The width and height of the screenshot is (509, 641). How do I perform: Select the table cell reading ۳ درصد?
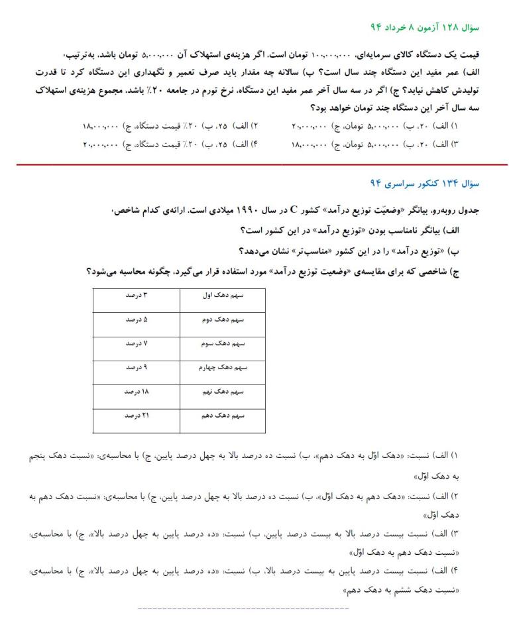(136, 295)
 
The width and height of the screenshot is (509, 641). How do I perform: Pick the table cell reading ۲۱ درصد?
(136, 416)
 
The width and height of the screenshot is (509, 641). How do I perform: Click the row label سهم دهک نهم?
(223, 392)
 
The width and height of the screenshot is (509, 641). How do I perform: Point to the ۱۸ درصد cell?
(136, 392)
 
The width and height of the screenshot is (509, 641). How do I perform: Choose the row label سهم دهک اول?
(223, 295)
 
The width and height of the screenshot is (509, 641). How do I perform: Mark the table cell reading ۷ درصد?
(136, 343)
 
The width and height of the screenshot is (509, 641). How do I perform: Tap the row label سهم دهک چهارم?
(223, 368)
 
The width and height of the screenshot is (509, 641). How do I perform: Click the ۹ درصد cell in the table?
(136, 368)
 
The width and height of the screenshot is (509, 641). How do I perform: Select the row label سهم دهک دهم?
(223, 416)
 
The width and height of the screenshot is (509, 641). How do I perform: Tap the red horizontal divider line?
(254, 164)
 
